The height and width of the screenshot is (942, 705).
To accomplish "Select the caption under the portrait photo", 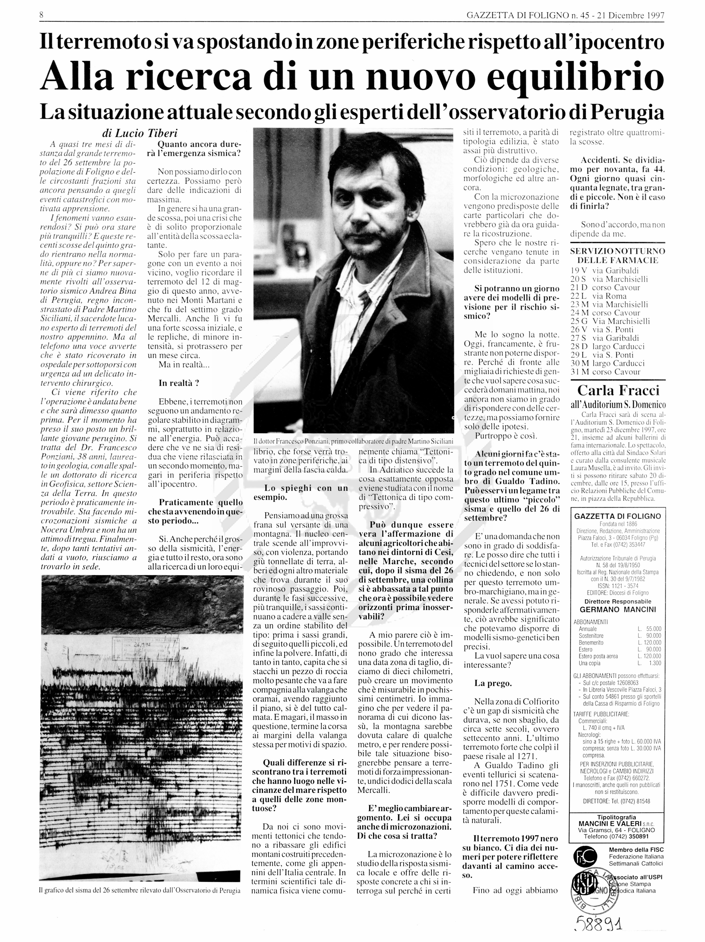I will pos(353,441).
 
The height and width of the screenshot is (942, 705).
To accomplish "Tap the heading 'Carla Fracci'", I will pos(618,390).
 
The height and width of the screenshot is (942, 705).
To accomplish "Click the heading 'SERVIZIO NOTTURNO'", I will pos(617,251).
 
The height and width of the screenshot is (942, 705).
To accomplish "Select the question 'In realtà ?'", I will pos(179,383).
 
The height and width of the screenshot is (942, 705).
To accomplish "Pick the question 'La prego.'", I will pos(493,684).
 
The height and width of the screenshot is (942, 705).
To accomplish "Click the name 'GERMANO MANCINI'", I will pos(617,609).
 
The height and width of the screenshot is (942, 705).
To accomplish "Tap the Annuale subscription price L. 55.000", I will pos(649,629).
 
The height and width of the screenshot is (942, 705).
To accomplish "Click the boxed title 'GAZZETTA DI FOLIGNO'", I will pos(617,517).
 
